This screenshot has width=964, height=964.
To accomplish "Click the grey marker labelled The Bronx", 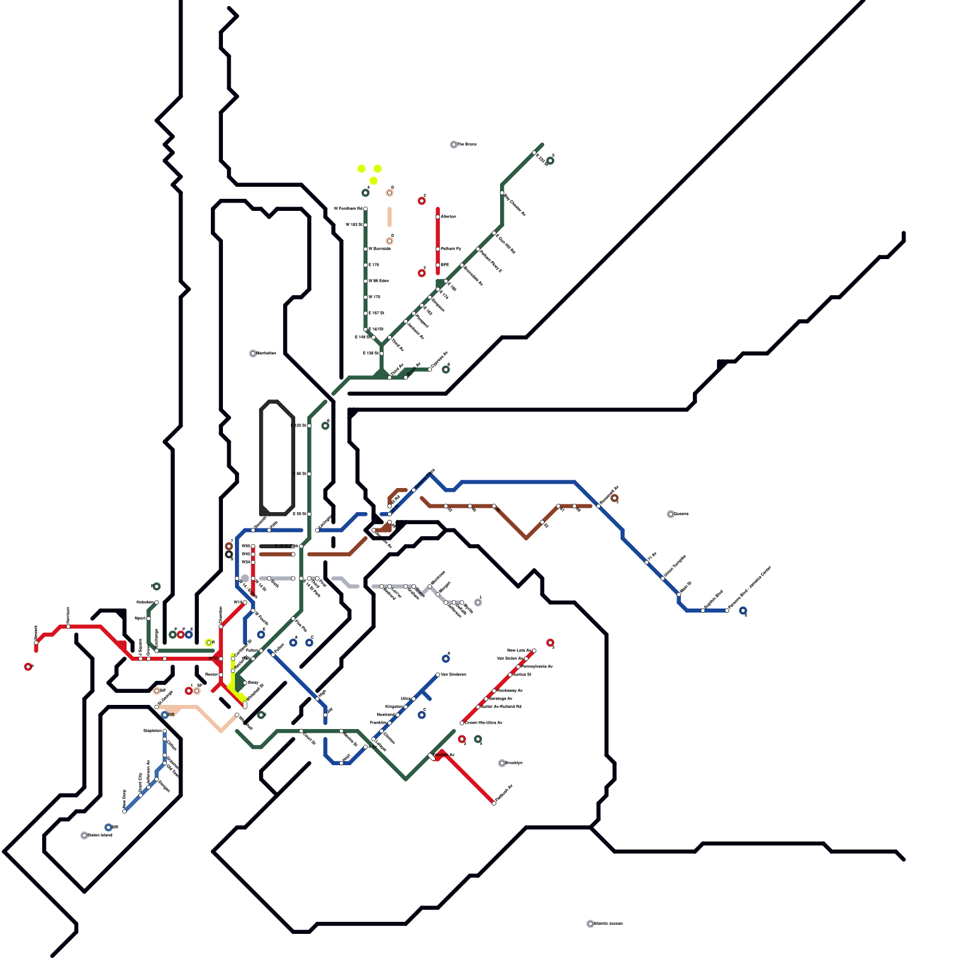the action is [454, 145].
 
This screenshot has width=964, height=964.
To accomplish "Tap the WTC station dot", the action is [221, 659].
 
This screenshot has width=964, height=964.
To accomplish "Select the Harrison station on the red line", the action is [68, 627].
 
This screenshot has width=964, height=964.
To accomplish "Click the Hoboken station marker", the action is [157, 602].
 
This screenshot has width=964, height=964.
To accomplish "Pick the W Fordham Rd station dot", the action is [366, 209].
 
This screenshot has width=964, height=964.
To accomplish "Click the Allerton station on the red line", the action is [438, 217].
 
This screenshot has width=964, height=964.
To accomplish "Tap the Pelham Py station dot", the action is [438, 249].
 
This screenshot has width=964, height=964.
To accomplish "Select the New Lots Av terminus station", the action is [534, 651].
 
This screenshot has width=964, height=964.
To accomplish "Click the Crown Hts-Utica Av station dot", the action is [462, 723].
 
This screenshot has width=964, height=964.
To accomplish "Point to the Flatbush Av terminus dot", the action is [494, 803].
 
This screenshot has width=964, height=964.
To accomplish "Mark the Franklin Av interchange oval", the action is [433, 756].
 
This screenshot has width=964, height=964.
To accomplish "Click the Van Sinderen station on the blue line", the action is [438, 675].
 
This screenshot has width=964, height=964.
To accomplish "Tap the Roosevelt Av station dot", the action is [598, 506].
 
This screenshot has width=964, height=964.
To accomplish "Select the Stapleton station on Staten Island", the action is [164, 731].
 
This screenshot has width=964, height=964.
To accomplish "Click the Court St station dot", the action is [301, 731].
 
